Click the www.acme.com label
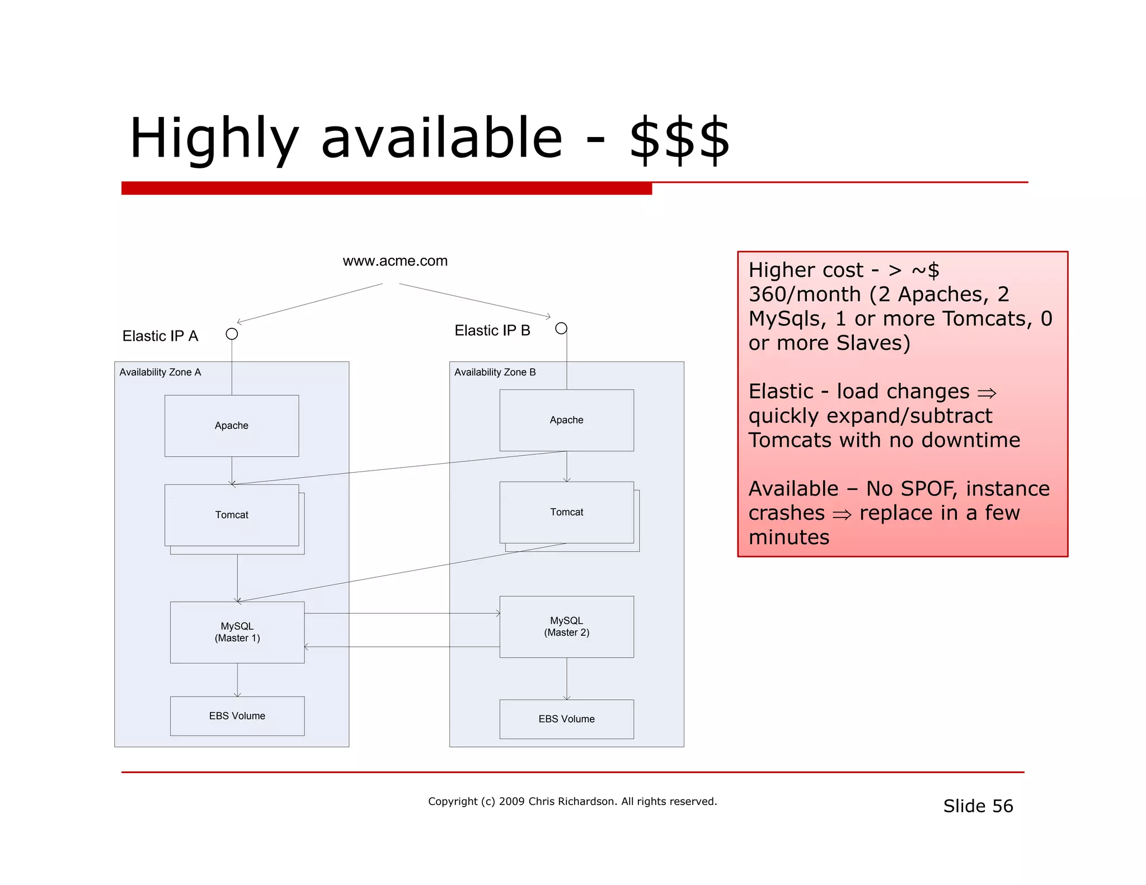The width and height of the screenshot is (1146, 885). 395,261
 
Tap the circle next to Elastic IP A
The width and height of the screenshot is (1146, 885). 232,334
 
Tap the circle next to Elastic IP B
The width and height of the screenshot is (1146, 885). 561,328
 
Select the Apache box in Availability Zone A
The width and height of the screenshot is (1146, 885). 232,426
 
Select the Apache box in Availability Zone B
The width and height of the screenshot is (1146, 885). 566,420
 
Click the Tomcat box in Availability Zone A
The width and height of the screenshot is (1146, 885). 232,515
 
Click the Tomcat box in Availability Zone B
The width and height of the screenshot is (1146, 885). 566,512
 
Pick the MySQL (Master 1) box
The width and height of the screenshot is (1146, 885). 237,632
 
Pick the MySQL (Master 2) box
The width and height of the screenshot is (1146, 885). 566,627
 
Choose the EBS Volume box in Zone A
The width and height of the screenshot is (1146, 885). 237,716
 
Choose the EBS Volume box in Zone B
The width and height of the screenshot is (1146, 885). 566,719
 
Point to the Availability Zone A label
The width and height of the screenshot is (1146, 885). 160,373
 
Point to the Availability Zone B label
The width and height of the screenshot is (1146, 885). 495,373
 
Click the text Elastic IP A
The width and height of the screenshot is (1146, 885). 160,336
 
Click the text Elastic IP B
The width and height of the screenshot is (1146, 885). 492,331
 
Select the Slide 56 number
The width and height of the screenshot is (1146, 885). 978,806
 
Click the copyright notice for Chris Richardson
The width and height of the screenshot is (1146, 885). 572,802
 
